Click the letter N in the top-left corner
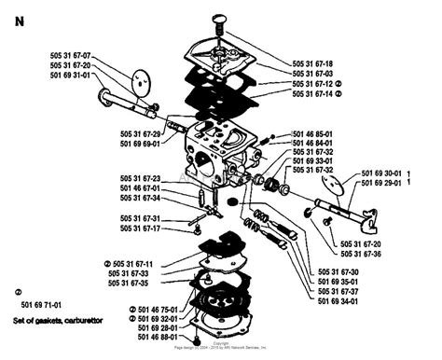[x=19, y=23]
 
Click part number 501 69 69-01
[x=145, y=145]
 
